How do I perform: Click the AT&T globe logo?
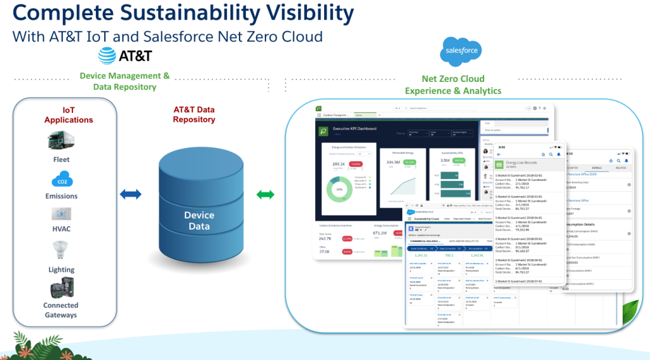[x=107, y=56]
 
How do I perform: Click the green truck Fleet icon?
[x=61, y=141]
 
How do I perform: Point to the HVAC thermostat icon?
[x=61, y=213]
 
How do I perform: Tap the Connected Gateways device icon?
[x=61, y=289]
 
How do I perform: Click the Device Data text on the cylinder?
[x=199, y=220]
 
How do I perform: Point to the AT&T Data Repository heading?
[x=194, y=114]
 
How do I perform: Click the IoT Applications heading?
[x=69, y=115]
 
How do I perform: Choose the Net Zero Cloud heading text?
[x=453, y=79]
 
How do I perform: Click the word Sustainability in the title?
[x=191, y=13]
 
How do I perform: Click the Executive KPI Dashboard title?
[x=355, y=128]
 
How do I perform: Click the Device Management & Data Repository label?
[x=125, y=81]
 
